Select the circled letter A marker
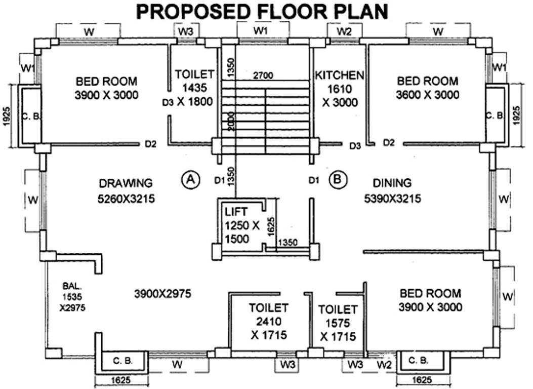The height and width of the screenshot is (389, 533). click(190, 179)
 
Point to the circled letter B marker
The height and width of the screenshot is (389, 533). click(337, 179)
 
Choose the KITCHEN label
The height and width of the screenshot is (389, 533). click(339, 75)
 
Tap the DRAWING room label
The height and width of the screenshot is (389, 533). click(126, 183)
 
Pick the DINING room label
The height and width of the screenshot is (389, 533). click(392, 183)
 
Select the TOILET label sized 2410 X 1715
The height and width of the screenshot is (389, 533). click(268, 307)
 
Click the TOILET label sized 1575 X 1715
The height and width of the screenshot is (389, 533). click(338, 309)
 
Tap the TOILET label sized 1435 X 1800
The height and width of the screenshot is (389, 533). click(194, 74)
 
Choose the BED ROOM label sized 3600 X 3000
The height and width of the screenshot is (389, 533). click(428, 81)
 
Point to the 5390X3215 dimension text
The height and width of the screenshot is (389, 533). click(392, 199)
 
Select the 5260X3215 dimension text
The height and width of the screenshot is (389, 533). click(126, 199)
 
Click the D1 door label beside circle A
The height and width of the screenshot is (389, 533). click(219, 179)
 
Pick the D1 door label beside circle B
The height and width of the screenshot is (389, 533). click(314, 179)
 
